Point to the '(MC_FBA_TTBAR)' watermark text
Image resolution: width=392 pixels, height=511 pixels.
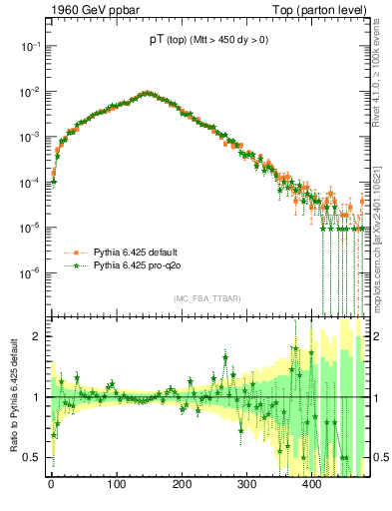[x=207, y=299]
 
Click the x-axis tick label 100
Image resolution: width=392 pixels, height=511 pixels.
[x=117, y=486]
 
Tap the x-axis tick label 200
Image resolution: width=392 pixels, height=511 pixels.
[x=182, y=486]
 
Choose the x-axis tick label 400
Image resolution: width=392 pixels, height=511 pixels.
[x=312, y=486]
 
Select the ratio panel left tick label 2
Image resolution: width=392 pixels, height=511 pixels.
[x=38, y=336]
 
